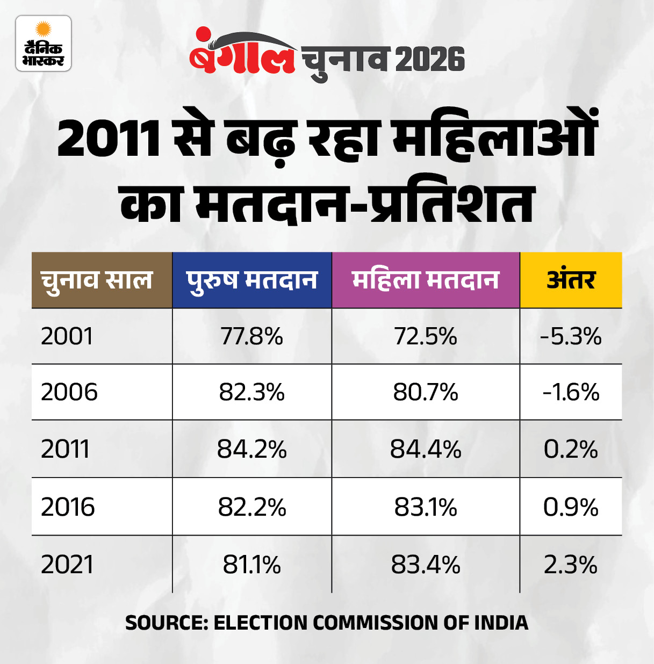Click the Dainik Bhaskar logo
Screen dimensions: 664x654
43,44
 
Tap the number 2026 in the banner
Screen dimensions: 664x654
430,59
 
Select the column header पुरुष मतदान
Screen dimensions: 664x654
251,280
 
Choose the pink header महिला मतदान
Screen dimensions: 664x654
426,280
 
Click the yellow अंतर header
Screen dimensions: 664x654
571,280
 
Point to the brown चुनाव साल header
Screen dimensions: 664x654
97,280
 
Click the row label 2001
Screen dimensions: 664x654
67,337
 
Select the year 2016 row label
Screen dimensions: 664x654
68,507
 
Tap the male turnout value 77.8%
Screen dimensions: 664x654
251,337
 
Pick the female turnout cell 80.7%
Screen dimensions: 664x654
426,392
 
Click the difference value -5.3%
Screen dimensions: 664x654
571,337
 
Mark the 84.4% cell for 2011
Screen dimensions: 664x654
426,449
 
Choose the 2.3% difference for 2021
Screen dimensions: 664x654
571,565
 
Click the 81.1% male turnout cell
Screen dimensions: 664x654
251,565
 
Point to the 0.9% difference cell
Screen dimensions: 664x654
571,507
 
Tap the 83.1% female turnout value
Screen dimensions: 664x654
426,507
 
